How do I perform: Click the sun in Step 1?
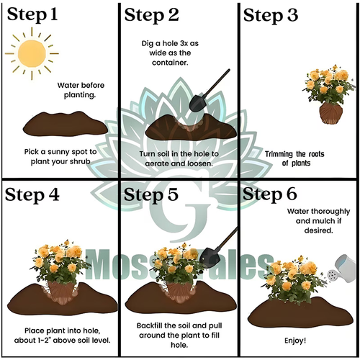[32, 53]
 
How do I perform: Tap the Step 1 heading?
[32, 15]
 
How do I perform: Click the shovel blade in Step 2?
[198, 103]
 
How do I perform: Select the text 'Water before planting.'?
[81, 90]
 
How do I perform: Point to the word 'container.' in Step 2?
[170, 63]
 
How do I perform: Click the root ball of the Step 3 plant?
[330, 113]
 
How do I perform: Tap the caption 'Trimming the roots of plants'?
[294, 158]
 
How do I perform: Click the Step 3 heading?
[271, 16]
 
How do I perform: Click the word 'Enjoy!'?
[295, 341]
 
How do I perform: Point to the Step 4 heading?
[32, 195]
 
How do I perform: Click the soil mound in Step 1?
[66, 124]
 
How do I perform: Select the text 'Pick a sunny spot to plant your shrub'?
[60, 156]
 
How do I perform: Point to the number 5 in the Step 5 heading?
[173, 194]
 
